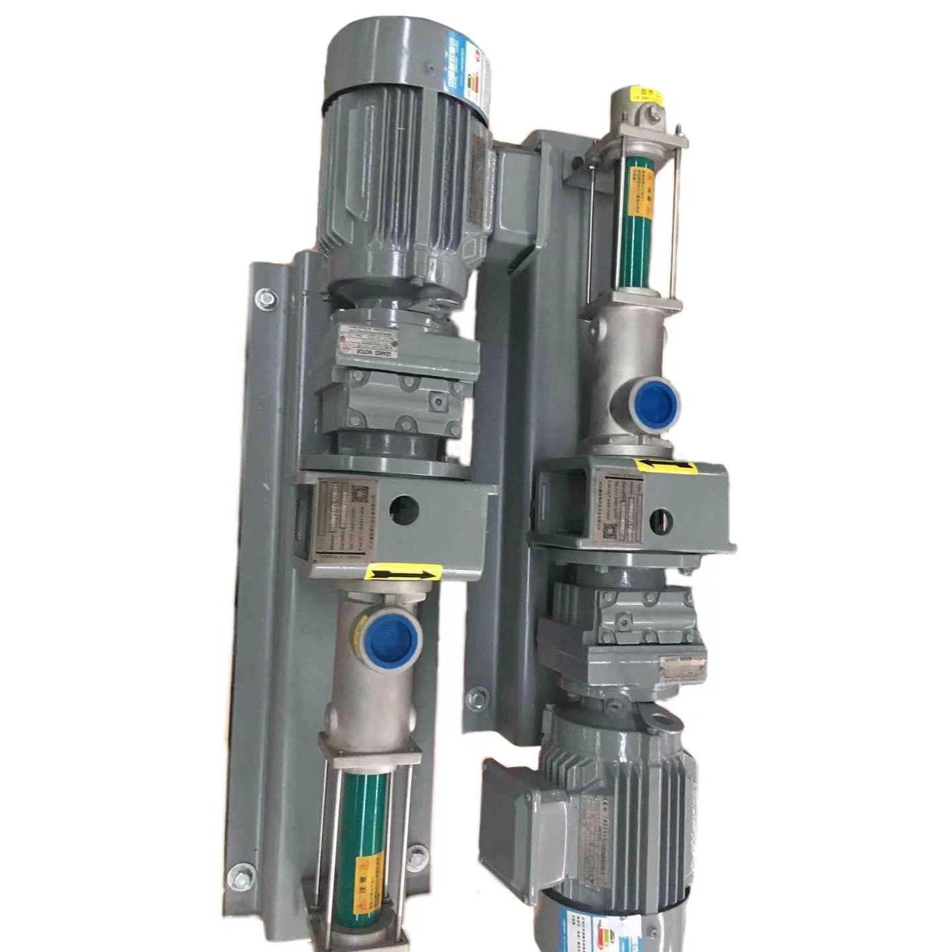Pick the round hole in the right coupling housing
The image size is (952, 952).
pos(661,520)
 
